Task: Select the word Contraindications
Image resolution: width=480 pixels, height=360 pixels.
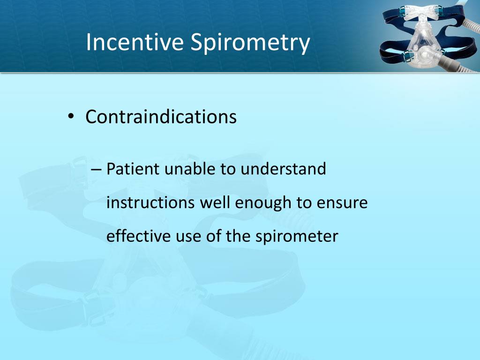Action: coord(161,117)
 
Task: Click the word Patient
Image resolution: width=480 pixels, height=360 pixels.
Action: coord(133,169)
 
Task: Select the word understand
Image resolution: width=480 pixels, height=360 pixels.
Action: coord(283,169)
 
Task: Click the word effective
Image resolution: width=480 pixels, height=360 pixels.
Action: coord(137,236)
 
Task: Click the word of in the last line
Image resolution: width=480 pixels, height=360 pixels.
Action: coord(214,236)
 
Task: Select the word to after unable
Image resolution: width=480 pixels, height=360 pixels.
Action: coord(228,169)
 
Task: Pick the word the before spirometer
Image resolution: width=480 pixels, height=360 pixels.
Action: coord(239,236)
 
